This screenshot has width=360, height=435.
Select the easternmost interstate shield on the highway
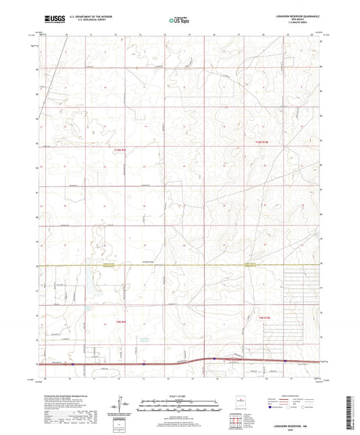click(285, 361)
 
